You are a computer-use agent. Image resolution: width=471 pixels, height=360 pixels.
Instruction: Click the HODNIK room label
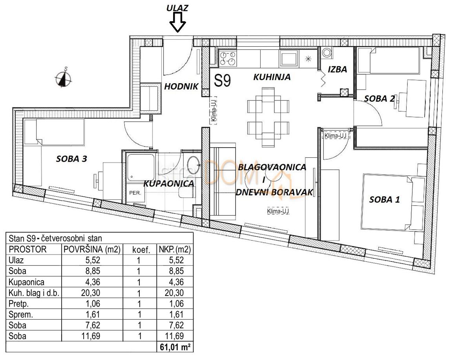click(x=181, y=87)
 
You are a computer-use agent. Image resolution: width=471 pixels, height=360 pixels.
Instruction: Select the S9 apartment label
click(x=223, y=80)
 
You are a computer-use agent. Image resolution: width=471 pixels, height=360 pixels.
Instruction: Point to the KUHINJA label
click(x=272, y=77)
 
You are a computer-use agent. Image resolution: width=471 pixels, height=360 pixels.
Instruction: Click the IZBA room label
click(x=337, y=70)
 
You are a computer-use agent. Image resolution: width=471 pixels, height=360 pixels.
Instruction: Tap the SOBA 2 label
click(x=379, y=99)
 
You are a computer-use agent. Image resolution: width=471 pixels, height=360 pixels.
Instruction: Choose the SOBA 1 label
click(x=385, y=199)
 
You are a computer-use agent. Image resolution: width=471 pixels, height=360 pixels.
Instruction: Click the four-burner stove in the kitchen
click(x=228, y=58)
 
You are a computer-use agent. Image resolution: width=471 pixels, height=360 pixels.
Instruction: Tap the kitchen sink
click(x=288, y=59)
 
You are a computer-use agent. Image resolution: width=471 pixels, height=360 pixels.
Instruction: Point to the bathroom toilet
click(x=185, y=192)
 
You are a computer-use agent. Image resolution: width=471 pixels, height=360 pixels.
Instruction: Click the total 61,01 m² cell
click(x=175, y=346)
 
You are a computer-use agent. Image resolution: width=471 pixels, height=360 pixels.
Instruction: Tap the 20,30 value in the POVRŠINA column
click(x=92, y=292)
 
